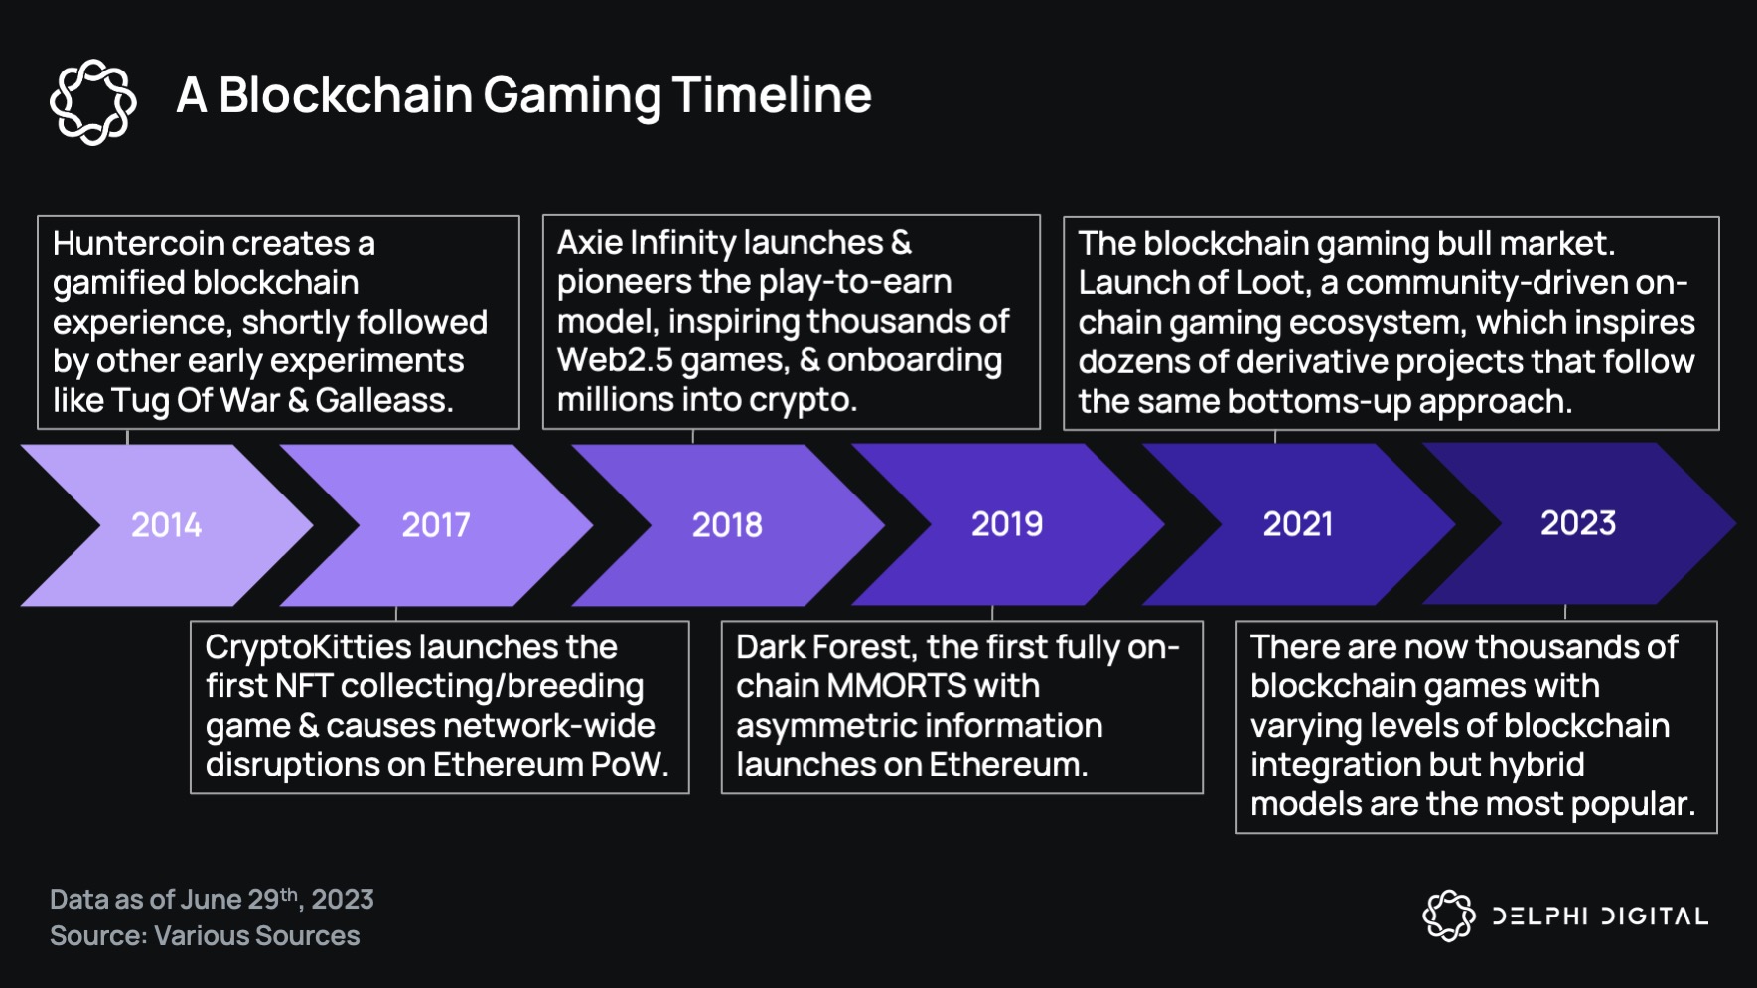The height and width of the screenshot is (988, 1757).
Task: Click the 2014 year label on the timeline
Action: tap(166, 524)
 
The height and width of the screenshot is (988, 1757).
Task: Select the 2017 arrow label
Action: tap(436, 524)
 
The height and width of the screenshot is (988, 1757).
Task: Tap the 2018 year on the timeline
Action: tap(727, 524)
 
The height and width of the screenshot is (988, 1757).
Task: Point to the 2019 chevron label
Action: tap(1007, 523)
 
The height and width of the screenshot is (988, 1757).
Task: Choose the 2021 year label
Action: tap(1298, 523)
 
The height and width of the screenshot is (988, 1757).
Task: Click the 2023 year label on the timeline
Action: tap(1578, 522)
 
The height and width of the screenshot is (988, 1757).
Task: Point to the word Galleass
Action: tap(383, 401)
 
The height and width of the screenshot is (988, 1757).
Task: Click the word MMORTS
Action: tap(897, 686)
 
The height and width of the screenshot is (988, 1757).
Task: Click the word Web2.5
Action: tap(614, 360)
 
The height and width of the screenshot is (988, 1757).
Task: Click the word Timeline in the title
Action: tap(772, 95)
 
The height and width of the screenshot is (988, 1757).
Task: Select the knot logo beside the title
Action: tap(93, 101)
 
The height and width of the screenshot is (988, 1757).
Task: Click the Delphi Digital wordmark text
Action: tap(1600, 916)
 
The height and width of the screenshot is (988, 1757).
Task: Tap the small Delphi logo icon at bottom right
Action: tap(1449, 915)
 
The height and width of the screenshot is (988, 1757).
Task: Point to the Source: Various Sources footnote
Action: tap(205, 936)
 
